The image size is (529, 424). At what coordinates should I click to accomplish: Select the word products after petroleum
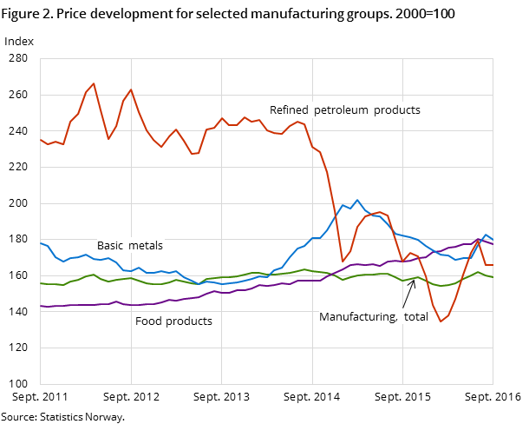(x=399, y=110)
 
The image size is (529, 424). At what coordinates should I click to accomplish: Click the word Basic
(x=111, y=246)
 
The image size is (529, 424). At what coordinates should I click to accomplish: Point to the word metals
(x=147, y=246)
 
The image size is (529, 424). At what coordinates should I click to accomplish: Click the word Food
(x=149, y=321)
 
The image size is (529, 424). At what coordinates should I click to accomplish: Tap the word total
(x=416, y=317)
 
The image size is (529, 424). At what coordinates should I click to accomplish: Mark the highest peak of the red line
(x=94, y=83)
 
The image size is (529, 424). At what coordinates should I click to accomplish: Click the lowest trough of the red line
(x=441, y=321)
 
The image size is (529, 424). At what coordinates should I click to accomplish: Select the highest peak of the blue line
(x=356, y=200)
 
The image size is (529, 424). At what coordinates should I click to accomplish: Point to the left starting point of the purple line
(x=40, y=306)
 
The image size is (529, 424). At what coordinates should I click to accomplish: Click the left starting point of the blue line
(x=40, y=242)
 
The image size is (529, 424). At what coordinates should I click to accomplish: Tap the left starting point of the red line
(x=40, y=139)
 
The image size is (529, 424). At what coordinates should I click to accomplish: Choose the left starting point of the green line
(x=40, y=283)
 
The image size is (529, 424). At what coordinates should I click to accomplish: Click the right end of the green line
(x=493, y=277)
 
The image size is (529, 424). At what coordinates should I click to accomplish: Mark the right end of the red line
(x=493, y=265)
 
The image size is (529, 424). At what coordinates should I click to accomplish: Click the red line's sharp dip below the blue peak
(x=342, y=262)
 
